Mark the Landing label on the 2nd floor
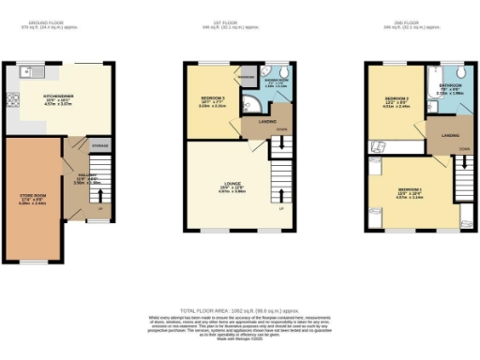point(439,135)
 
